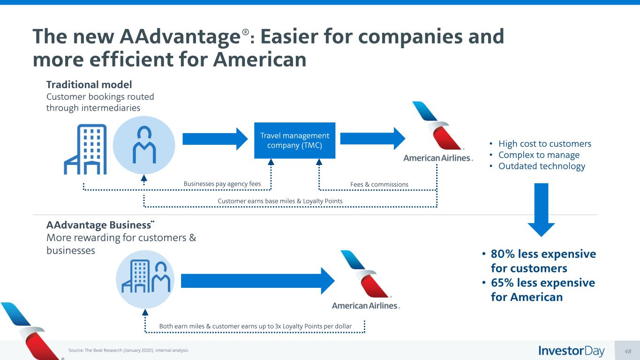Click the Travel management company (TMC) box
coord(294,140)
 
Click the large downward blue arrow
coord(541,210)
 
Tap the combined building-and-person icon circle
coord(145,278)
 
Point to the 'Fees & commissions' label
coord(379,184)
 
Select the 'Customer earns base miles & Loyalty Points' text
coord(280,201)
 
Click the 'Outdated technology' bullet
coord(542,166)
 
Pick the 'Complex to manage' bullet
coord(539,155)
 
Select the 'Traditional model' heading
coord(89,85)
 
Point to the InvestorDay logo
coord(572,351)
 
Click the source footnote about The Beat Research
coord(128,350)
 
